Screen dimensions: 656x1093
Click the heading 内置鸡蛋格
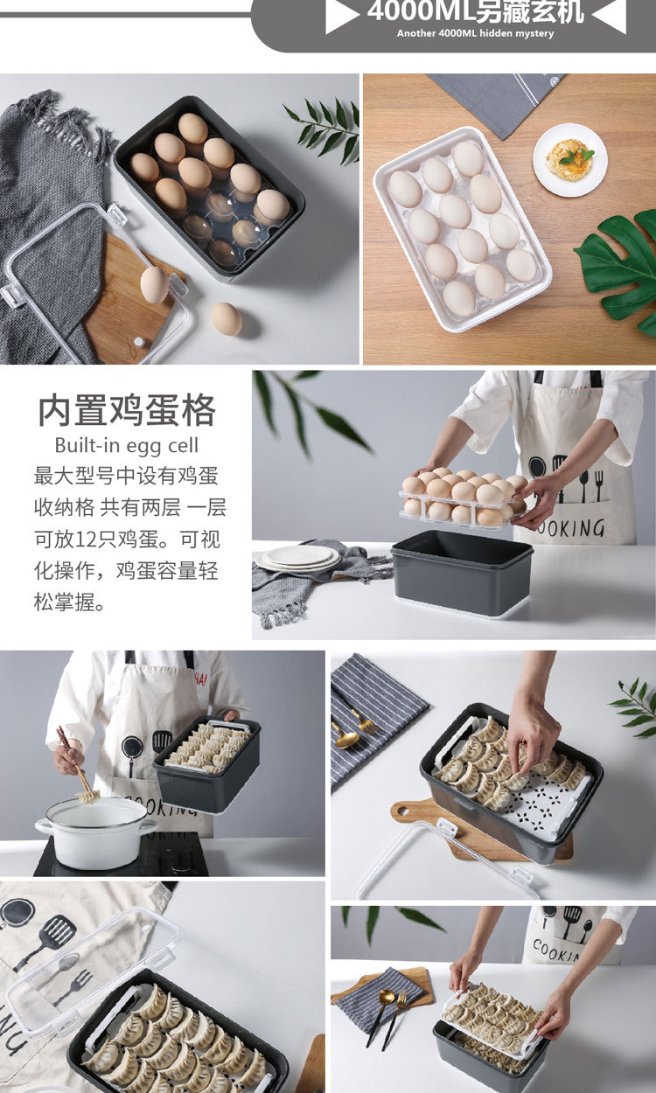click(x=127, y=410)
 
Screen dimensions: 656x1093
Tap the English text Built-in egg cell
click(x=127, y=445)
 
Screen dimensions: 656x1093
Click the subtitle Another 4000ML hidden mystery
click(x=476, y=34)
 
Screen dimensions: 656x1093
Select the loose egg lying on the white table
click(x=227, y=318)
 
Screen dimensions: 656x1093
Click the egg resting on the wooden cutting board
click(x=154, y=285)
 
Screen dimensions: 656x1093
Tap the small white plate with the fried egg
click(x=570, y=159)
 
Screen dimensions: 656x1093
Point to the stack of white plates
click(x=297, y=558)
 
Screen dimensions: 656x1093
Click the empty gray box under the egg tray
click(x=462, y=574)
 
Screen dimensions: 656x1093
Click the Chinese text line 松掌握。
click(x=69, y=602)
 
